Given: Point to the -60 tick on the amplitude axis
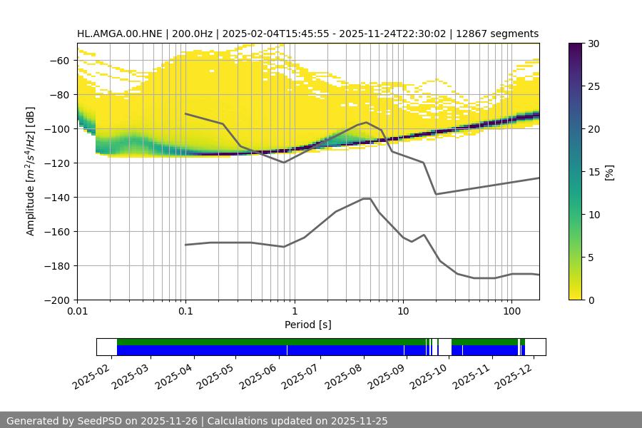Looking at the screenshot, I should pyautogui.click(x=58, y=60).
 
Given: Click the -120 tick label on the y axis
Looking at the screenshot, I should pyautogui.click(x=56, y=163).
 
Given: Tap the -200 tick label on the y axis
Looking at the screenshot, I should pyautogui.click(x=56, y=300).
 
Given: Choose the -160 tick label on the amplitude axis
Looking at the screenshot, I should pyautogui.click(x=56, y=231).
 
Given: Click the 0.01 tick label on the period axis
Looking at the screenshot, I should pyautogui.click(x=78, y=312).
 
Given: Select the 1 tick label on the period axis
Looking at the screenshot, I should pyautogui.click(x=294, y=312).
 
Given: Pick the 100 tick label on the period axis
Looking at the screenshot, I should pyautogui.click(x=511, y=312).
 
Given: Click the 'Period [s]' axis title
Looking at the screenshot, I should pyautogui.click(x=308, y=325).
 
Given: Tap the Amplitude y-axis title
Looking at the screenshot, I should pyautogui.click(x=31, y=171).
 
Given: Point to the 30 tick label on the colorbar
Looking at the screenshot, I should pyautogui.click(x=593, y=44).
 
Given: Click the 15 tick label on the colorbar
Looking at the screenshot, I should pyautogui.click(x=593, y=172).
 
